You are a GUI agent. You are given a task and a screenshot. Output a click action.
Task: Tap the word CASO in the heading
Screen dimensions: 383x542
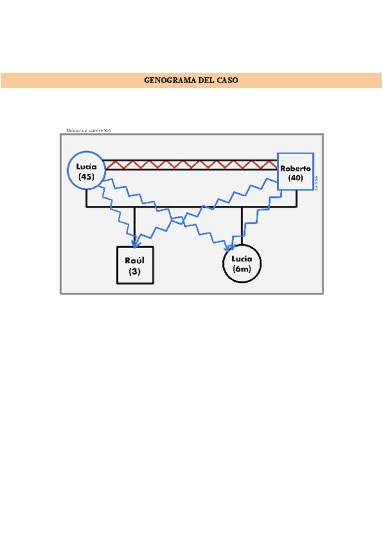coord(227,81)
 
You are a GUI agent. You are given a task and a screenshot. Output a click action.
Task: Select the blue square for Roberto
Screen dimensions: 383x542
coord(296,171)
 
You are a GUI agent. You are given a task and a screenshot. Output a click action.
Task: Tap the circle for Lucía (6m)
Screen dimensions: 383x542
coord(242,263)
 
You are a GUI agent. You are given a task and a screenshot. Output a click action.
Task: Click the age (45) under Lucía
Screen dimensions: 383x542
coord(86,176)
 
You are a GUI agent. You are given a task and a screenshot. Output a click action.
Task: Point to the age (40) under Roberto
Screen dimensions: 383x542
coord(295,178)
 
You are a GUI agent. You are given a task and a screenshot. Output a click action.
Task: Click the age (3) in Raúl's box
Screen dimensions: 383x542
coord(134,271)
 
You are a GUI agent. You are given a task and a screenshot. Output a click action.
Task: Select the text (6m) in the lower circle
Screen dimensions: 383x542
coord(243,270)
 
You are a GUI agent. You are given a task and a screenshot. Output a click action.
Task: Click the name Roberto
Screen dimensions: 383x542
coord(295,168)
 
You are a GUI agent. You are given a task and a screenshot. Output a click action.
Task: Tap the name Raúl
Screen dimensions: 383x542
coord(134,261)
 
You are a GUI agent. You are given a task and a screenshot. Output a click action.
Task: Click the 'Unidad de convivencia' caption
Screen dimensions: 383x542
coord(88,130)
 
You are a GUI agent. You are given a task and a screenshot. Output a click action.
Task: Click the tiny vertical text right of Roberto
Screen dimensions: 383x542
coord(317,181)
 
